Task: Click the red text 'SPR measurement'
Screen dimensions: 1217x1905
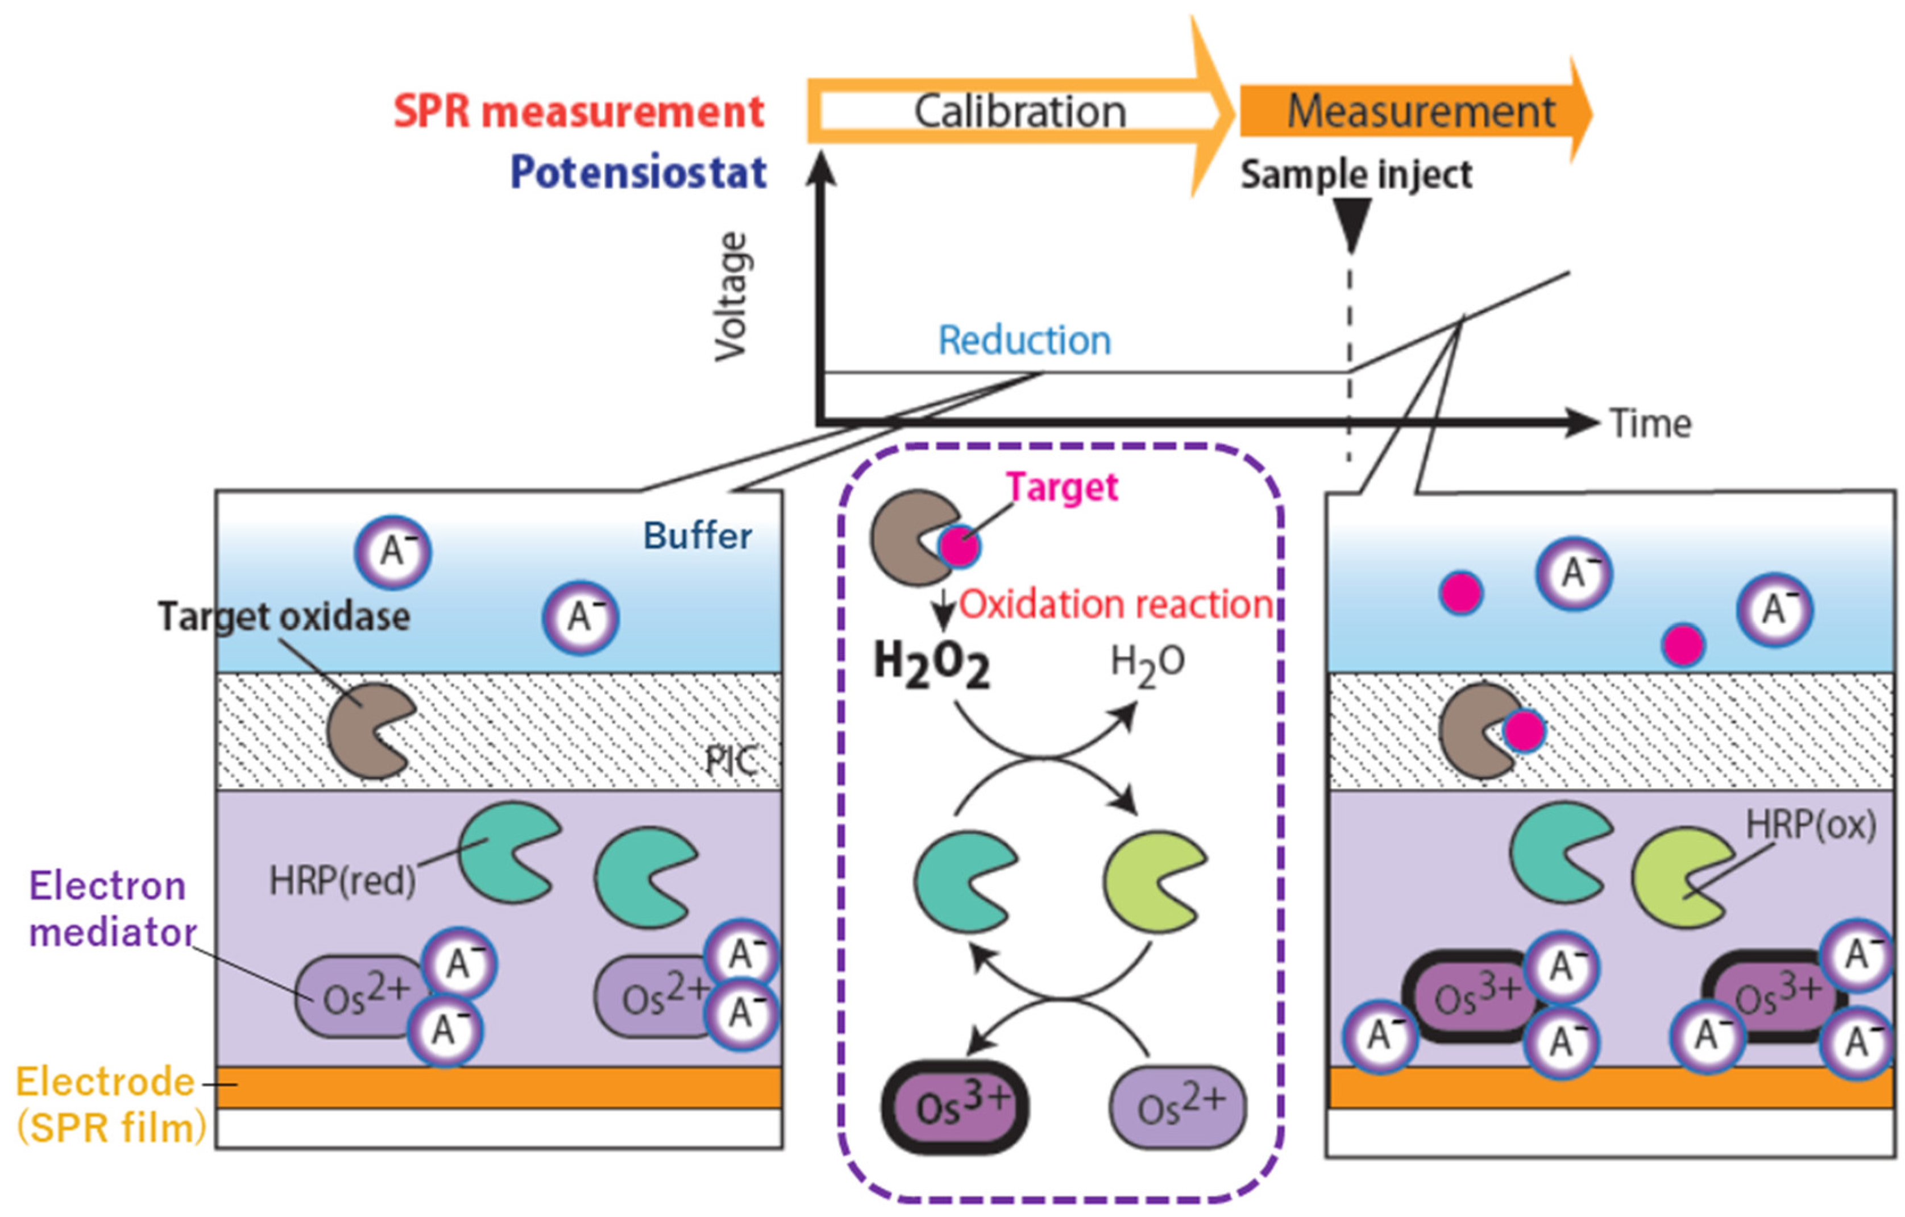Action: pyautogui.click(x=579, y=111)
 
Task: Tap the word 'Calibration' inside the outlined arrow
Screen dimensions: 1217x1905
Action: pyautogui.click(x=1020, y=111)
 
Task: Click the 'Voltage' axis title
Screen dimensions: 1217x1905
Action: pyautogui.click(x=732, y=297)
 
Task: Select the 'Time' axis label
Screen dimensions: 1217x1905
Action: pyautogui.click(x=1651, y=424)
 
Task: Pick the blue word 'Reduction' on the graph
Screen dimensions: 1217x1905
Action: pyautogui.click(x=1024, y=340)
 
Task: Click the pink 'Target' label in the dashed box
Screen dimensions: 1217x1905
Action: pyautogui.click(x=1062, y=487)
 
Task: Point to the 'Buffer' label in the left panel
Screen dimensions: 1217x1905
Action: pyautogui.click(x=697, y=536)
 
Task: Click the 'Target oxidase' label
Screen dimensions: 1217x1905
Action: pyautogui.click(x=284, y=616)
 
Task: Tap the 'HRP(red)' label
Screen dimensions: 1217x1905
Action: pyautogui.click(x=343, y=880)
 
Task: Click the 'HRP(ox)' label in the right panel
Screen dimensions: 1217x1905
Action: pyautogui.click(x=1811, y=825)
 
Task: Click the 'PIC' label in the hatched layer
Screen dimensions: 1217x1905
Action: pyautogui.click(x=731, y=761)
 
